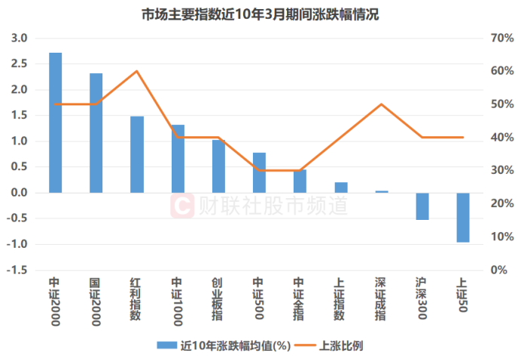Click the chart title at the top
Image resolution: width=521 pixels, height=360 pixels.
pyautogui.click(x=260, y=14)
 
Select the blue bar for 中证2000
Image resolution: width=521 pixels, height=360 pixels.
pyautogui.click(x=56, y=122)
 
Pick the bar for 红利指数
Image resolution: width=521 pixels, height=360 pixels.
pyautogui.click(x=136, y=154)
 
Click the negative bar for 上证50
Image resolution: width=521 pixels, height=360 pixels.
pyautogui.click(x=463, y=217)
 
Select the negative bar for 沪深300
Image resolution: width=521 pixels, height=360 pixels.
pyautogui.click(x=422, y=206)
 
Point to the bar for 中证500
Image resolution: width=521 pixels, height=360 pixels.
pyautogui.click(x=259, y=172)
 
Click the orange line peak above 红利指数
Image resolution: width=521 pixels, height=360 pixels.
pyautogui.click(x=136, y=72)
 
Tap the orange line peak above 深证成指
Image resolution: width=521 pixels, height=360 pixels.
pyautogui.click(x=382, y=104)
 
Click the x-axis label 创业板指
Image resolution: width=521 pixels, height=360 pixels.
pyautogui.click(x=218, y=299)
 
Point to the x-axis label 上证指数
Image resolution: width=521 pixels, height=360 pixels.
pyautogui.click(x=340, y=299)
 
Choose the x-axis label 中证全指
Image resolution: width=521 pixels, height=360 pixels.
pyautogui.click(x=300, y=299)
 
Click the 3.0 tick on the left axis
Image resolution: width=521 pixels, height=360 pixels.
pyautogui.click(x=20, y=38)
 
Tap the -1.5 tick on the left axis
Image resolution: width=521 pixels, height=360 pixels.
pyautogui.click(x=18, y=270)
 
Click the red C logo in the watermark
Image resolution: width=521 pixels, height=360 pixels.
pyautogui.click(x=182, y=206)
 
